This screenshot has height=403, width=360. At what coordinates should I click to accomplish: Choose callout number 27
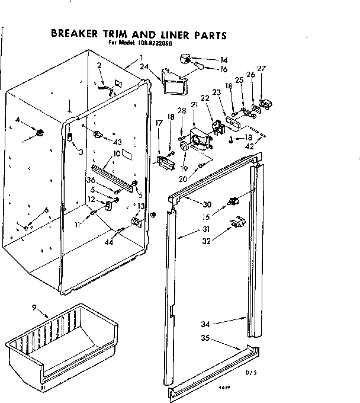point(262,69)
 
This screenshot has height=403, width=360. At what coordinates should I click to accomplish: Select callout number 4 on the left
point(18,120)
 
